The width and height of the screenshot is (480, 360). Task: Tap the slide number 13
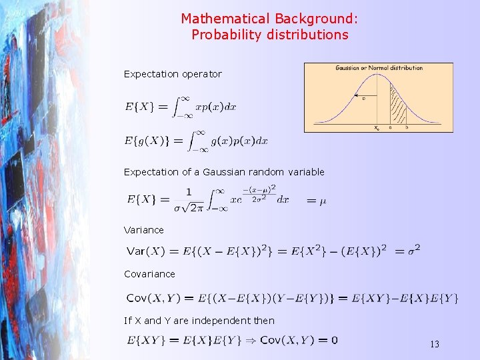(435, 344)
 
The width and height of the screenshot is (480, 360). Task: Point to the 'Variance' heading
(143, 230)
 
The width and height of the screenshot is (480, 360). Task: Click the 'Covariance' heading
(149, 274)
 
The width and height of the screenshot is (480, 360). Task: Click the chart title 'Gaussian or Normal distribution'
(379, 68)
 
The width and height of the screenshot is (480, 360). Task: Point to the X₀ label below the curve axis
(377, 127)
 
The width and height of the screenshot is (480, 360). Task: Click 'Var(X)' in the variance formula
(145, 251)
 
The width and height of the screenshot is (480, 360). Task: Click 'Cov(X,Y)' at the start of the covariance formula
(150, 298)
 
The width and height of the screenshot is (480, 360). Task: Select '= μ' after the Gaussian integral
(316, 200)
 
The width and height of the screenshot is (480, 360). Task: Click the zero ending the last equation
(334, 341)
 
